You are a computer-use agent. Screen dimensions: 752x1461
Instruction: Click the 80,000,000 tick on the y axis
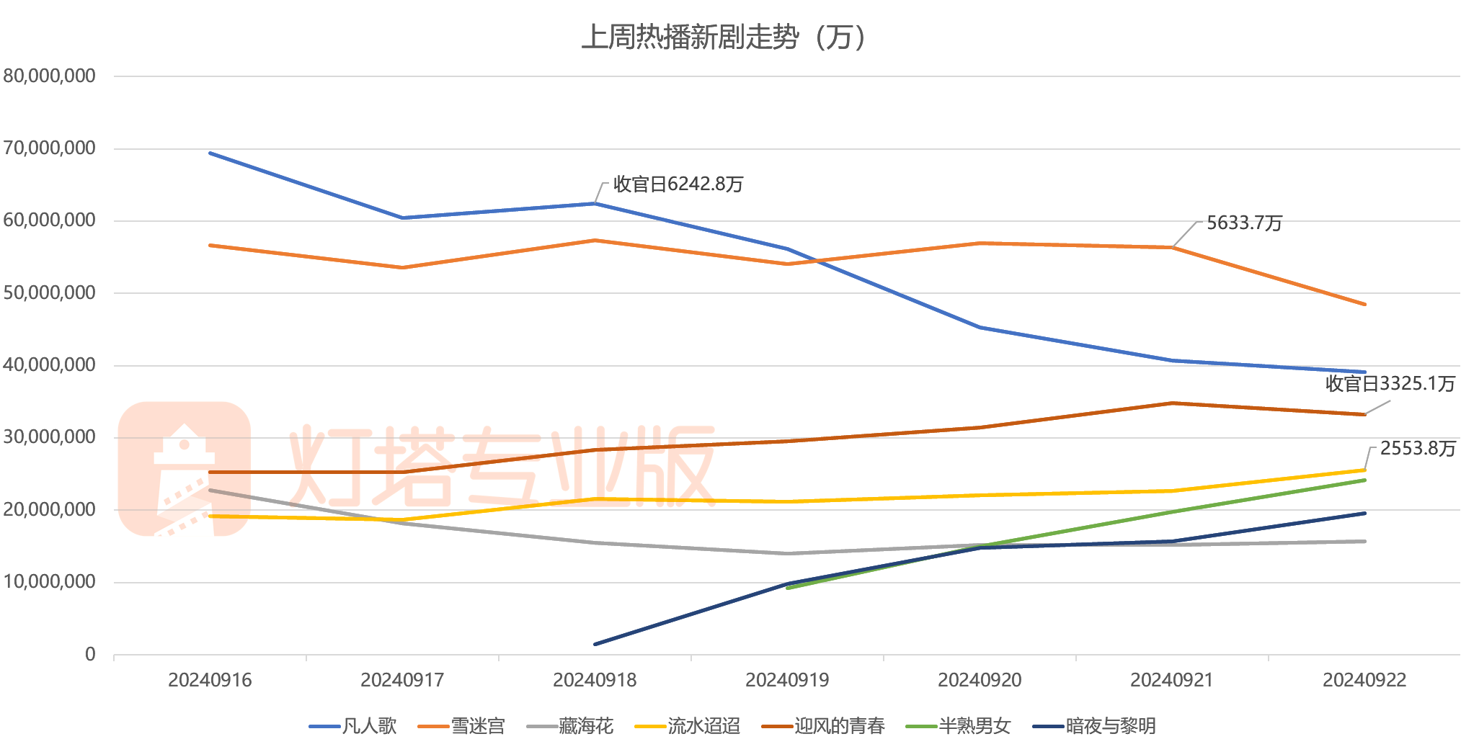click(x=49, y=76)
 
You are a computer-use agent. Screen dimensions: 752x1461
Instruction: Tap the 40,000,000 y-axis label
click(x=49, y=365)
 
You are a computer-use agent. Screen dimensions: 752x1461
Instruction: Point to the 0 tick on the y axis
click(x=90, y=654)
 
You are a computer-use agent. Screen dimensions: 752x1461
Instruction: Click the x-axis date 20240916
click(x=210, y=680)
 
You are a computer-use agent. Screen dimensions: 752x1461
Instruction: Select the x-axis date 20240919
click(x=787, y=680)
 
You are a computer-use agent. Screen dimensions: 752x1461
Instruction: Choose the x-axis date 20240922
click(x=1364, y=680)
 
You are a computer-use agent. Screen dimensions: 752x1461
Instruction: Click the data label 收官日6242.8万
click(x=678, y=184)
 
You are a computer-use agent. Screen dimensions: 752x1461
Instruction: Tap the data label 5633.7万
click(x=1245, y=223)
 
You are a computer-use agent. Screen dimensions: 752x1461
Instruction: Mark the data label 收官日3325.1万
click(x=1390, y=384)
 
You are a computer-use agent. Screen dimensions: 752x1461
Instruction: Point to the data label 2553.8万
click(x=1418, y=449)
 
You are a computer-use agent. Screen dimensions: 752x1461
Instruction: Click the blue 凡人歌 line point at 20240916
click(x=210, y=153)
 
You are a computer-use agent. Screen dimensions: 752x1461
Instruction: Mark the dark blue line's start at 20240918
click(x=595, y=644)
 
